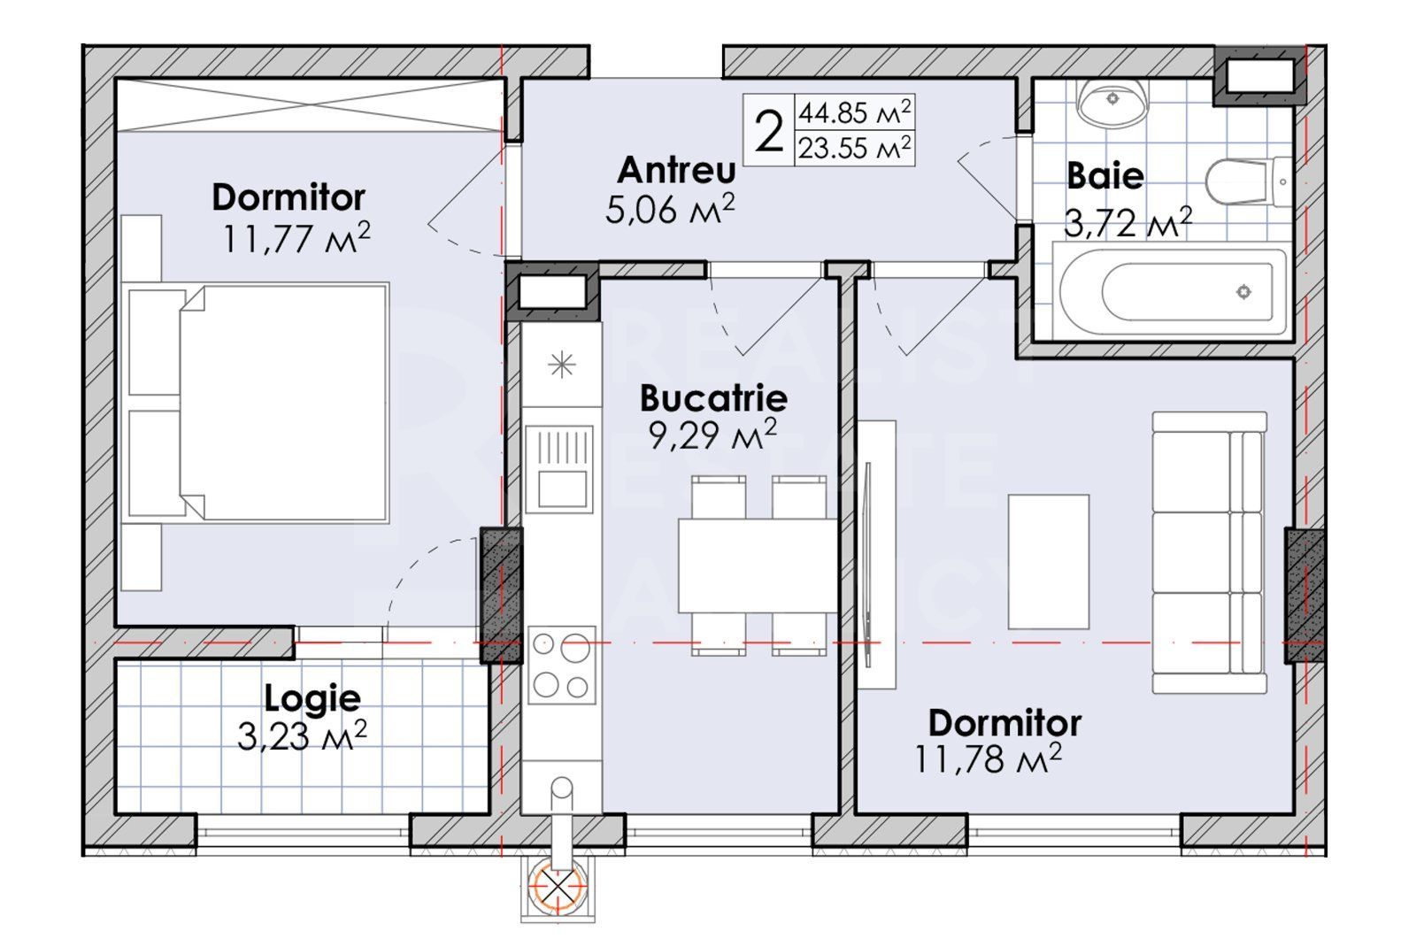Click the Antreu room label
pos(676,170)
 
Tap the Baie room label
pos(1104,175)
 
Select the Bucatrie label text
pos(713,398)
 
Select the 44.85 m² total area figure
pos(854,113)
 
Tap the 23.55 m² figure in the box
pos(854,148)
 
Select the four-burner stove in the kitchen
pos(561,666)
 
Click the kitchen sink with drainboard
pos(558,468)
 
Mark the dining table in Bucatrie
pos(758,565)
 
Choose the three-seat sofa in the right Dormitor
pos(1208,552)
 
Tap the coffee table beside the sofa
pos(1049,562)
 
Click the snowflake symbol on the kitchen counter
pos(562,365)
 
